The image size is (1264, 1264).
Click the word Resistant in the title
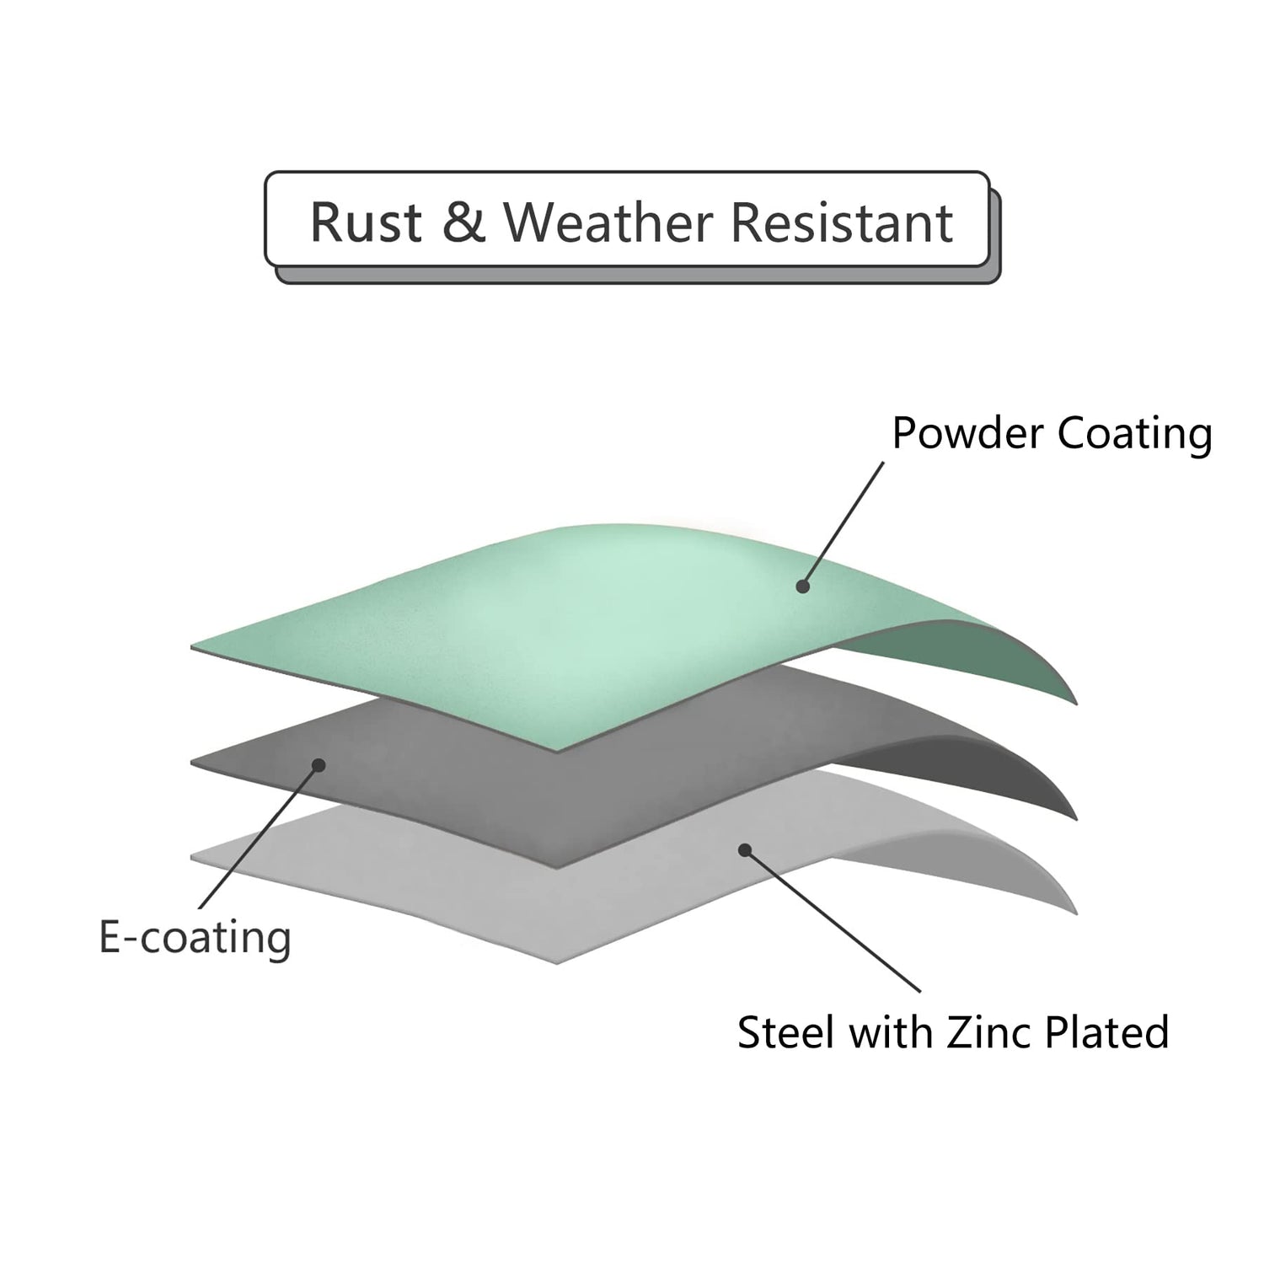(842, 222)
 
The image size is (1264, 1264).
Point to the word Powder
(967, 433)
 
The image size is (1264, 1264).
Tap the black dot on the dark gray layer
(319, 765)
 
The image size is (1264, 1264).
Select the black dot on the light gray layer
(745, 850)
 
